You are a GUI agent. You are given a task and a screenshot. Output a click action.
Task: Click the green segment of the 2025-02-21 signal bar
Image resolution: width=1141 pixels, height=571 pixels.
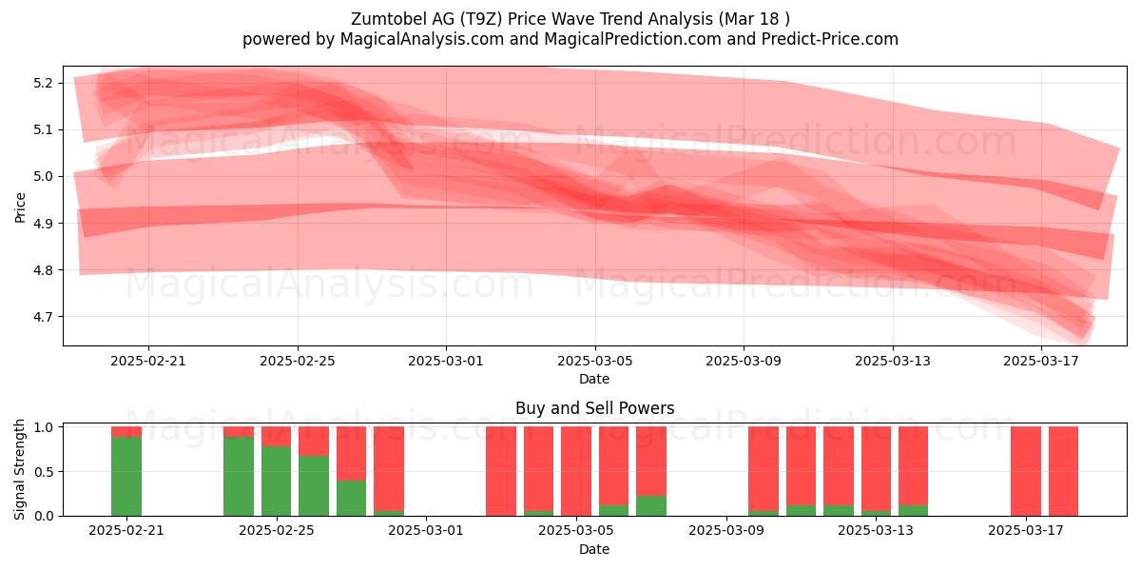click(126, 476)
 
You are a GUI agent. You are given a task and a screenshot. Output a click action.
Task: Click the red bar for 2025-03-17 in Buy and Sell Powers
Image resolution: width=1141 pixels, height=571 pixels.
click(1026, 471)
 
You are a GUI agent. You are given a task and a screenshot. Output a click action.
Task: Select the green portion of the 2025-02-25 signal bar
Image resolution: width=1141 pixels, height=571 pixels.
click(276, 481)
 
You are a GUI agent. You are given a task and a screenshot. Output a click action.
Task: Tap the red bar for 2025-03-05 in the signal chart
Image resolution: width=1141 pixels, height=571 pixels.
click(576, 471)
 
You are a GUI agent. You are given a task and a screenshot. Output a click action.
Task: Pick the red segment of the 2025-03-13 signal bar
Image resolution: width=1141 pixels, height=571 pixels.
click(876, 468)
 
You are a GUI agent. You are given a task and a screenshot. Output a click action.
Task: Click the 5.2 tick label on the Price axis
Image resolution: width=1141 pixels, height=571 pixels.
click(43, 83)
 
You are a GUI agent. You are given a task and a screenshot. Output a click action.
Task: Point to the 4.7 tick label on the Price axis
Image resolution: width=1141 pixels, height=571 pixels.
click(43, 317)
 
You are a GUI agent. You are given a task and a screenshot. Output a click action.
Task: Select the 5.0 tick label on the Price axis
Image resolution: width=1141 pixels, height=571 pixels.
click(43, 176)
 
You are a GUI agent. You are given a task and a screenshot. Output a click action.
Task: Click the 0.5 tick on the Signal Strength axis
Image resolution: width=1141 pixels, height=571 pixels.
click(43, 472)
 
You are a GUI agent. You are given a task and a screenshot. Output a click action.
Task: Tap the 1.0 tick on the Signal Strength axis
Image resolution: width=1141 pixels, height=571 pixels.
click(43, 426)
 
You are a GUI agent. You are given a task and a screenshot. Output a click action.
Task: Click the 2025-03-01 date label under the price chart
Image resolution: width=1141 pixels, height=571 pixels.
click(446, 361)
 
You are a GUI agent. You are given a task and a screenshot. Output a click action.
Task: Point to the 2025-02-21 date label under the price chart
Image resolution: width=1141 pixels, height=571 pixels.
click(148, 361)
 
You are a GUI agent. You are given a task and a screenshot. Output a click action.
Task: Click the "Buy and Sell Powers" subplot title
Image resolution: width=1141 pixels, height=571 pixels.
click(594, 408)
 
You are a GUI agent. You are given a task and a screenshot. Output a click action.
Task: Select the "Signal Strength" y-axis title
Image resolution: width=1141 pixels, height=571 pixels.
click(19, 469)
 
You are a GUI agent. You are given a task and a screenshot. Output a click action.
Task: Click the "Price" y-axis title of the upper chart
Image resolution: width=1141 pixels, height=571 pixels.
click(20, 207)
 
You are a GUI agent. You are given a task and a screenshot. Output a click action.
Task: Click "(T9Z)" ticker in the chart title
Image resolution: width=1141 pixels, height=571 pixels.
click(481, 19)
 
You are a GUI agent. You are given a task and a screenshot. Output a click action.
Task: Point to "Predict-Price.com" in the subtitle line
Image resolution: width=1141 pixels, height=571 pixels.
click(830, 39)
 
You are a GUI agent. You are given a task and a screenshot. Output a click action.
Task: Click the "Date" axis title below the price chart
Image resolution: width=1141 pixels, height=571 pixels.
click(594, 379)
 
